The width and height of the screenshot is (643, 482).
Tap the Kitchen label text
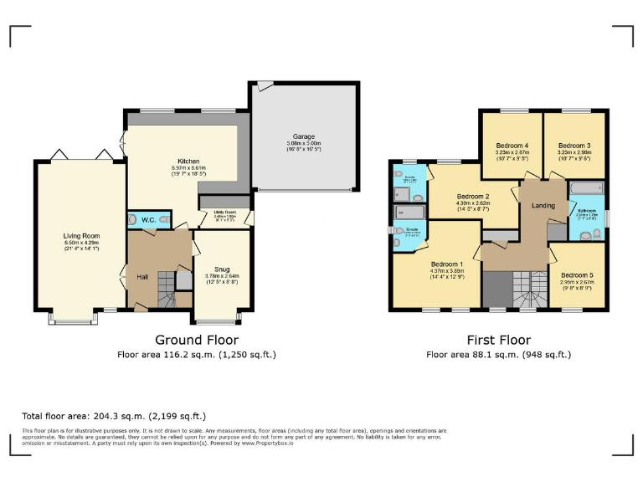point(187,161)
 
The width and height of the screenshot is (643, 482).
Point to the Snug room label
point(222,269)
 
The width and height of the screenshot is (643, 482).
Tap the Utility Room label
point(224,213)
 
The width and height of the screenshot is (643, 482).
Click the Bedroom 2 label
point(473,197)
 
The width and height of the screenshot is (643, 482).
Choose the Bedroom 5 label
point(577,275)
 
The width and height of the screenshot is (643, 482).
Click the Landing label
point(543,205)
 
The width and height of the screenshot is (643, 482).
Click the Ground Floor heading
point(197,340)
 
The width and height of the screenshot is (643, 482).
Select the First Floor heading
point(499,340)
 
